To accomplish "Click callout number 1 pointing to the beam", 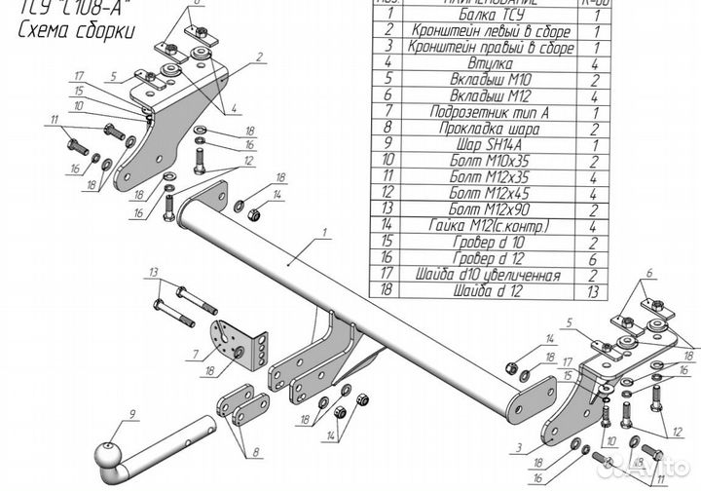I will click(x=325, y=234).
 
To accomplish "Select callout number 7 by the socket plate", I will click(x=198, y=356).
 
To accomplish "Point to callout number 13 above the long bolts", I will click(x=153, y=271).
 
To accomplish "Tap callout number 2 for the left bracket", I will click(x=260, y=57).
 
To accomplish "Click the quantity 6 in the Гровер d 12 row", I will click(x=592, y=254).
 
